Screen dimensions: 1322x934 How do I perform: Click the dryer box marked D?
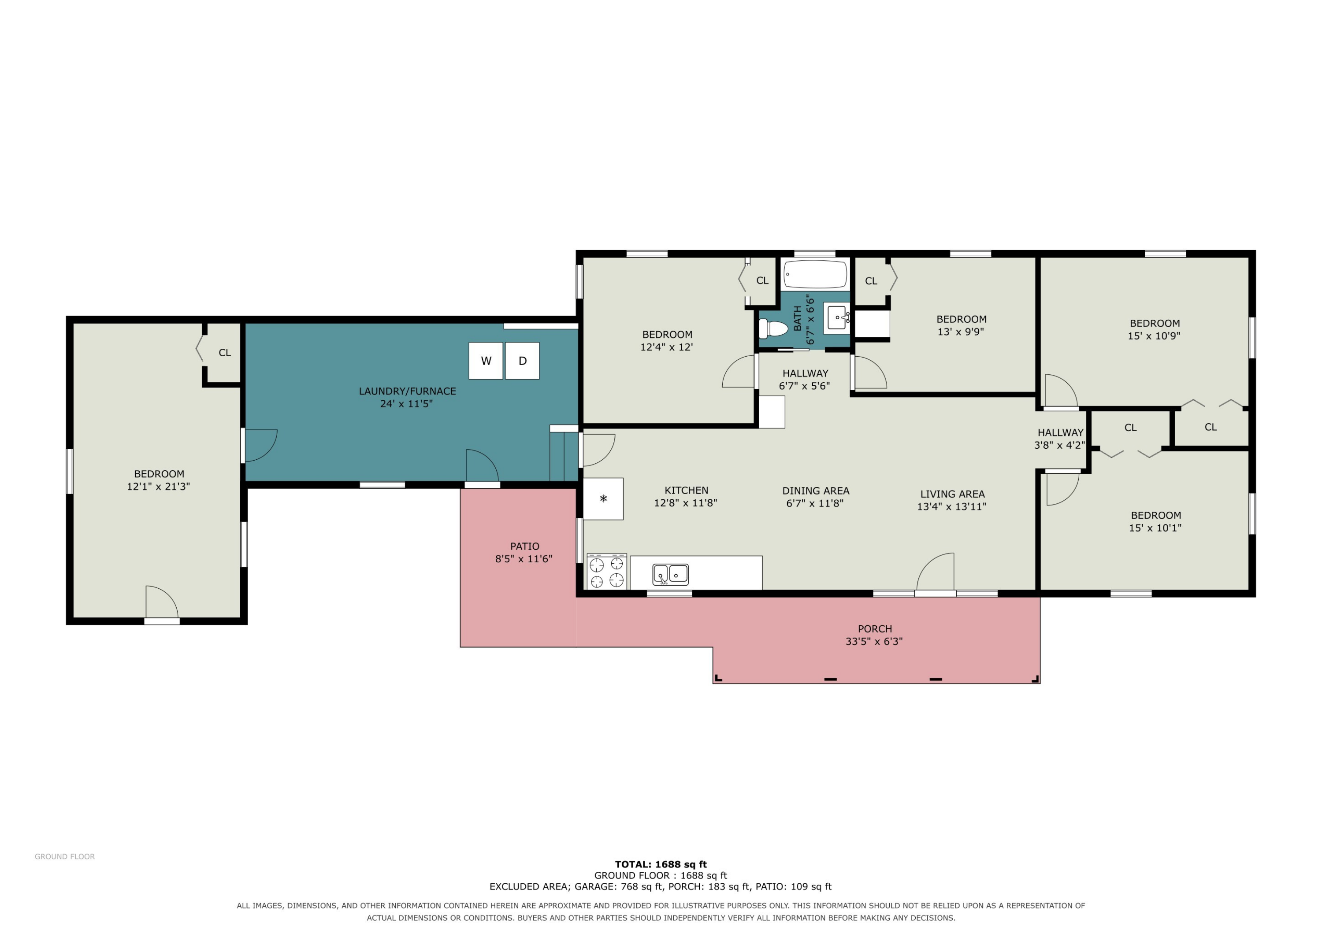[x=522, y=361]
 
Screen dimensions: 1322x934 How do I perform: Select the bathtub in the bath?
[x=815, y=274]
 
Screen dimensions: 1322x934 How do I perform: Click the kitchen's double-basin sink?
[x=670, y=574]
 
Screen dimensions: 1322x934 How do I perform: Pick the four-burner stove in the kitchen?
[x=606, y=572]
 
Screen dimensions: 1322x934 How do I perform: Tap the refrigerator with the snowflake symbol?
[x=603, y=498]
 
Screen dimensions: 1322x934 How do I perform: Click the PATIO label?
[x=524, y=546]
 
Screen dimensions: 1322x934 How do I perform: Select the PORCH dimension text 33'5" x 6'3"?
[x=874, y=641]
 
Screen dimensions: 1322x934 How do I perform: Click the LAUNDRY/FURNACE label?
[x=407, y=391]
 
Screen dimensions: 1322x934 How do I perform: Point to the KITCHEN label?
[x=686, y=490]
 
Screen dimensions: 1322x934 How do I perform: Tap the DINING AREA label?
[x=815, y=491]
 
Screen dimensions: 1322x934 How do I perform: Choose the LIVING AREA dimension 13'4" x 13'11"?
[x=952, y=506]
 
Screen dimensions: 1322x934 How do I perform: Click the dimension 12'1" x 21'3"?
[x=158, y=486]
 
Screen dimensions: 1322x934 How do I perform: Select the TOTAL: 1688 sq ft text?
[x=661, y=864]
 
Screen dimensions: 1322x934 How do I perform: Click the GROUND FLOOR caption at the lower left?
[x=64, y=856]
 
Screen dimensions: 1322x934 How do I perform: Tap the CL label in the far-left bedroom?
[x=225, y=353]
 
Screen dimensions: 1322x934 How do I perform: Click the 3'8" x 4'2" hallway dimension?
[x=1059, y=445]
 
